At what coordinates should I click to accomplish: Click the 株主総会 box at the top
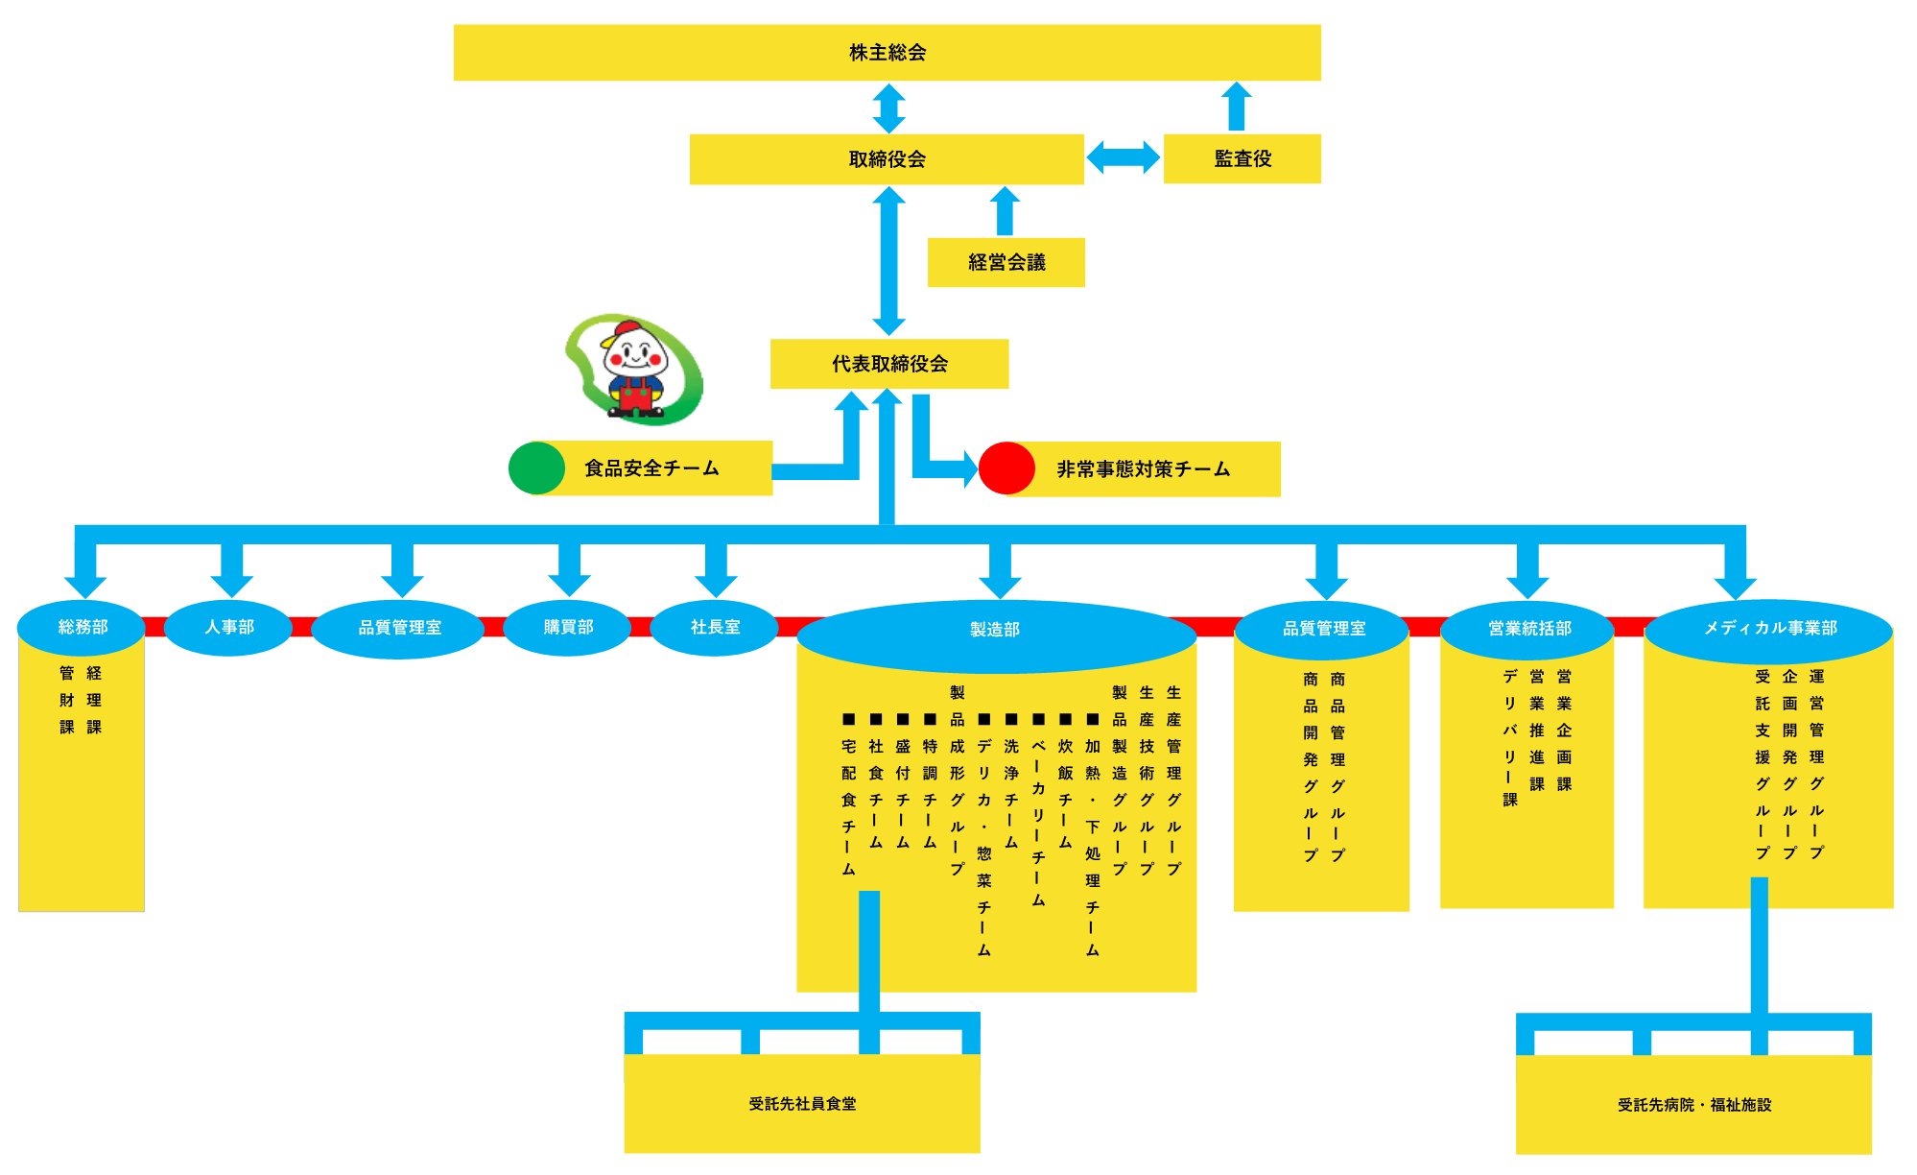point(887,53)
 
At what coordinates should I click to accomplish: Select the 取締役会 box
point(887,159)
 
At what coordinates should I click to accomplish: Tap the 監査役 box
point(1242,159)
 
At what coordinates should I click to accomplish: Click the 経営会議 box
point(1006,262)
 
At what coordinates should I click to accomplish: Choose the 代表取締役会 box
point(888,364)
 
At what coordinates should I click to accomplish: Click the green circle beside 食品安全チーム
point(536,468)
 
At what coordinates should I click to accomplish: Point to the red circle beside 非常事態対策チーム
point(1006,468)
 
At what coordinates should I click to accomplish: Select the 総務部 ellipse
point(82,627)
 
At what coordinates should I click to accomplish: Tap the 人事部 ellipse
point(228,627)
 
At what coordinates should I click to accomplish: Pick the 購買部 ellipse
point(567,627)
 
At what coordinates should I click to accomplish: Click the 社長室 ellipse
point(714,627)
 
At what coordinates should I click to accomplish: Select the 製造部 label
point(994,630)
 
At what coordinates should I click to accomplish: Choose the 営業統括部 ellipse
point(1528,629)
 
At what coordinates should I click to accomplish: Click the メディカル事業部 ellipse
point(1769,628)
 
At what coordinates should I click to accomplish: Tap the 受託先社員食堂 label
point(802,1104)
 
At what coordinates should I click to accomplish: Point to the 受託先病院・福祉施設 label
point(1693,1105)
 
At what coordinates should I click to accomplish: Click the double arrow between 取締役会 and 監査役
point(1123,157)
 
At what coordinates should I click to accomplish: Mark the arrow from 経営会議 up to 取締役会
point(1005,210)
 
